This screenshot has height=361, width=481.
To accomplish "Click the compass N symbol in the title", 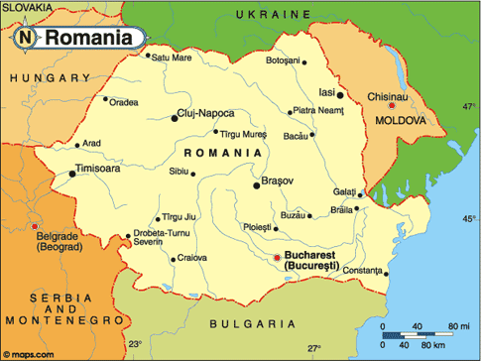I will coord(24,39).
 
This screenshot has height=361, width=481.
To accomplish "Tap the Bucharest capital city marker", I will coord(277,259).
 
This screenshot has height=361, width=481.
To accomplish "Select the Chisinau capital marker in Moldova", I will coord(394,105).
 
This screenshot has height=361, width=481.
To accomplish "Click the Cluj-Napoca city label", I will coord(214,114).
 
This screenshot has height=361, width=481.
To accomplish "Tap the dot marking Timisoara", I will coord(72,175).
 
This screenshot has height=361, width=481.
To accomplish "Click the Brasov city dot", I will coord(257,183).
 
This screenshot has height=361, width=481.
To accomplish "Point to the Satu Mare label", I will coord(172,58).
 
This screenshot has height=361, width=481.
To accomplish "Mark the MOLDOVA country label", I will coord(401,120).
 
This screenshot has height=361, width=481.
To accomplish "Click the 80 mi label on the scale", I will coord(458,325).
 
